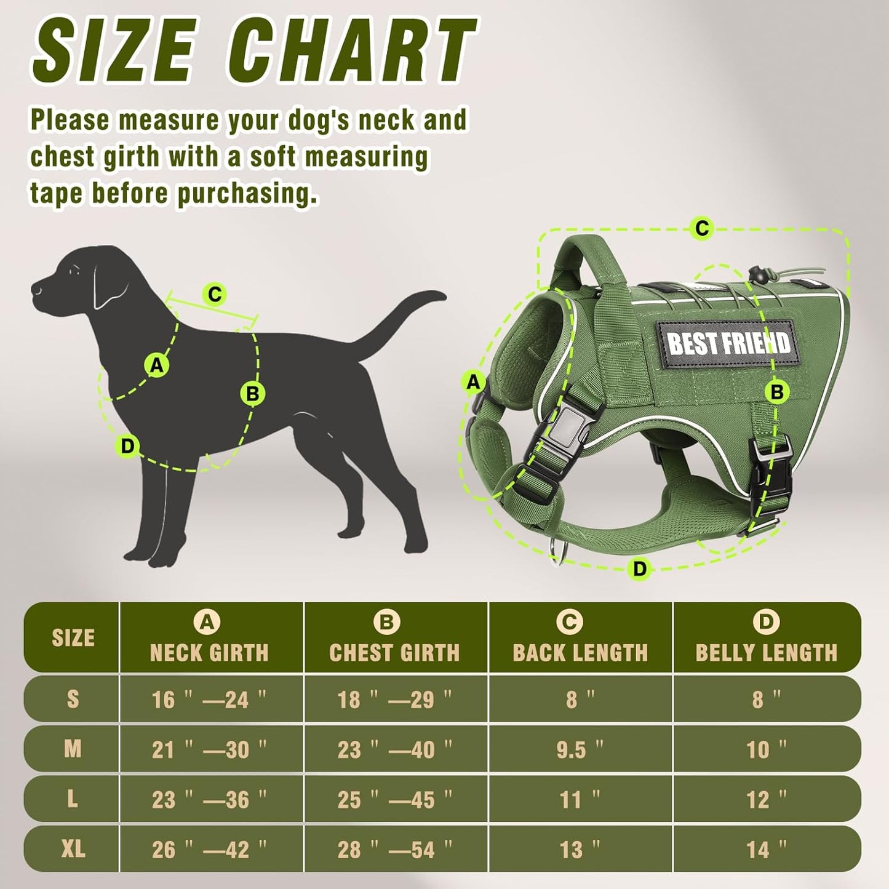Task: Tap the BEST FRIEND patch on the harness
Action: [728, 342]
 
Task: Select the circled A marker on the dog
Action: [157, 365]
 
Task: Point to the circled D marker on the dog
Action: [127, 446]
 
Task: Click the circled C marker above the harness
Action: [701, 229]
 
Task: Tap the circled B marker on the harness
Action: [776, 392]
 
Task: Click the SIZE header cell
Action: [73, 639]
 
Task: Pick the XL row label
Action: [73, 850]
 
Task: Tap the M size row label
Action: [73, 749]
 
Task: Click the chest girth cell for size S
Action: [394, 700]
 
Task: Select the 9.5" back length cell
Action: [580, 749]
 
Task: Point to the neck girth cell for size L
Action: [209, 800]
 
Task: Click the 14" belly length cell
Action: [766, 850]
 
